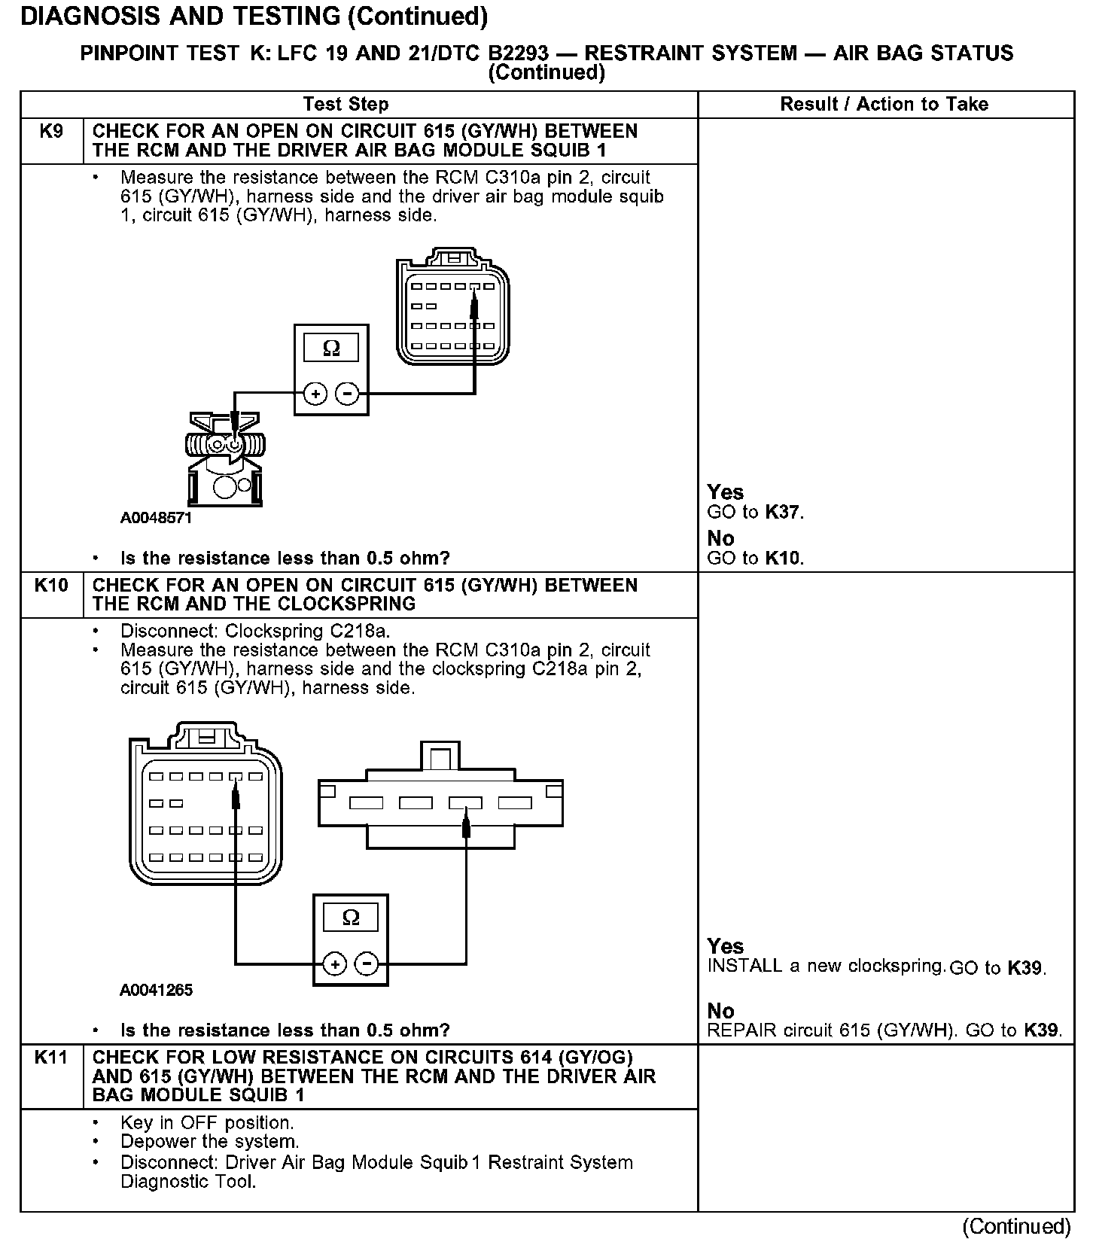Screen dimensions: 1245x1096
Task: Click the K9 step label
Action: pyautogui.click(x=50, y=132)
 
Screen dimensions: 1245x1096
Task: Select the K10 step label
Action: pyautogui.click(x=50, y=586)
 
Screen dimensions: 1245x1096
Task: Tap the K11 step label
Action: pyautogui.click(x=50, y=1058)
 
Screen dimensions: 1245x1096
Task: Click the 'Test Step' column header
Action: pyautogui.click(x=346, y=104)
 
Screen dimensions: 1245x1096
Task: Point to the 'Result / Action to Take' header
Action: pyautogui.click(x=884, y=104)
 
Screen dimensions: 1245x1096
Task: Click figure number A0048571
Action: pyautogui.click(x=156, y=519)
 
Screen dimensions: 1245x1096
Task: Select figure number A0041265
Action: pyautogui.click(x=156, y=990)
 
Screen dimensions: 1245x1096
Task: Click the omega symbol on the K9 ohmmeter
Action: pyautogui.click(x=330, y=348)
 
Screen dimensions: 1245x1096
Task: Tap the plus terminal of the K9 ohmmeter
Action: pyautogui.click(x=315, y=393)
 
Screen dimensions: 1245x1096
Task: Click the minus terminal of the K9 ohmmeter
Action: pyautogui.click(x=346, y=393)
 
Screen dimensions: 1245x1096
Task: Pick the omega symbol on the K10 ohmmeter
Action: pyautogui.click(x=351, y=917)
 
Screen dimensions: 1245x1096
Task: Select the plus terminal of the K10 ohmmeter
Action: pyautogui.click(x=334, y=963)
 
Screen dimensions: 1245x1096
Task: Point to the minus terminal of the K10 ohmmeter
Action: pyautogui.click(x=367, y=963)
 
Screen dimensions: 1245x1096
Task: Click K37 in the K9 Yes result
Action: pyautogui.click(x=783, y=513)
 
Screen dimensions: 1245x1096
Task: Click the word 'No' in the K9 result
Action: pyautogui.click(x=720, y=538)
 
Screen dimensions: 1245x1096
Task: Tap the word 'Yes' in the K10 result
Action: pyautogui.click(x=726, y=946)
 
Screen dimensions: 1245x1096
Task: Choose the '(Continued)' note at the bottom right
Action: pyautogui.click(x=1016, y=1227)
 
